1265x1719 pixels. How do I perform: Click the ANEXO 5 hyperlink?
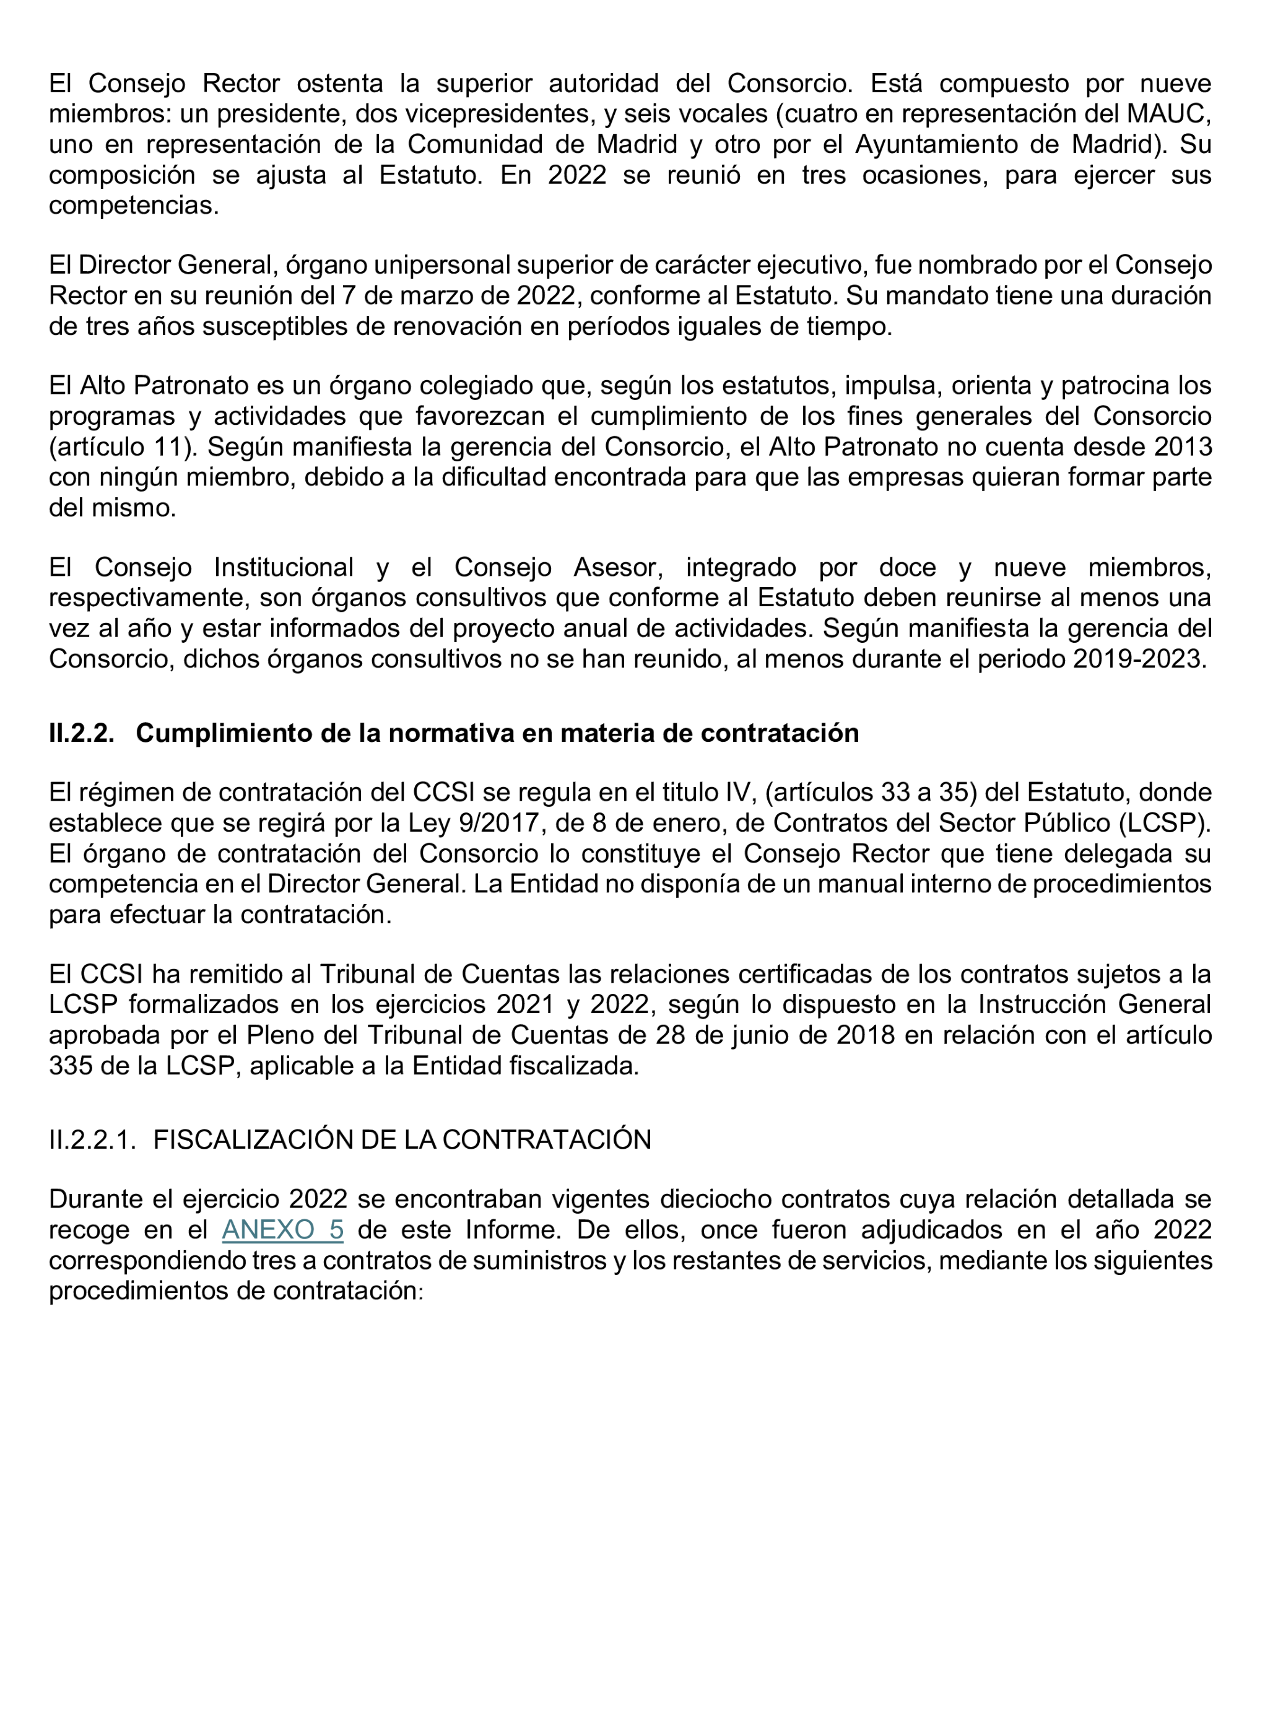pos(282,1230)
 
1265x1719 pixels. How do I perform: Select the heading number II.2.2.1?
pos(92,1139)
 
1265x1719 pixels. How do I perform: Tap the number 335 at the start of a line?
pos(71,1065)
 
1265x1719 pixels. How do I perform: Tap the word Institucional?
pos(284,567)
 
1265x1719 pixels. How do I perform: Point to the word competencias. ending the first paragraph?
pos(134,205)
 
